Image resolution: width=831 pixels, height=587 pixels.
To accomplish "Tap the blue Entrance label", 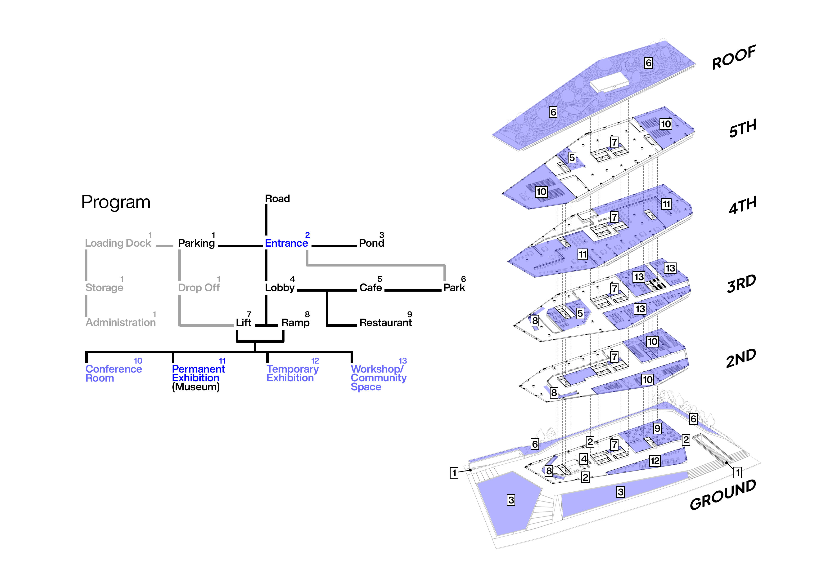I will tap(286, 243).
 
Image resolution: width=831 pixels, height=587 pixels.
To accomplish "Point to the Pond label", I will tap(371, 243).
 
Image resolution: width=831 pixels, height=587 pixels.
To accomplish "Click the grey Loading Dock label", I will tap(118, 243).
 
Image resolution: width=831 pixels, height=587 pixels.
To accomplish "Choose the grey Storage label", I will tap(104, 288).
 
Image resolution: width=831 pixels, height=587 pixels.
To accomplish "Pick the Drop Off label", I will tap(199, 288).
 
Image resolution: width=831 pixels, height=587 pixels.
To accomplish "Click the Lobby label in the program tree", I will tap(280, 288).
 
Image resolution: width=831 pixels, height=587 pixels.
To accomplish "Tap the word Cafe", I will tap(371, 288).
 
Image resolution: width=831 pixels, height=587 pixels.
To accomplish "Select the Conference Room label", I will tap(113, 374).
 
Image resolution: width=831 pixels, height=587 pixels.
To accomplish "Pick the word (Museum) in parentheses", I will tap(196, 387).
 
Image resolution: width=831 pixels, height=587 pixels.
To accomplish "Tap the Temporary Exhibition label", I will tap(293, 374).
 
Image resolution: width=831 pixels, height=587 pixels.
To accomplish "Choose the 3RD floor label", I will tap(741, 284).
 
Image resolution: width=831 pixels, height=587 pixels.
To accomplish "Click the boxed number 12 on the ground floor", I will tap(654, 461).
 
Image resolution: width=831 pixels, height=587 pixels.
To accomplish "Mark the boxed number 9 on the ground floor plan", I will tap(657, 429).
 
